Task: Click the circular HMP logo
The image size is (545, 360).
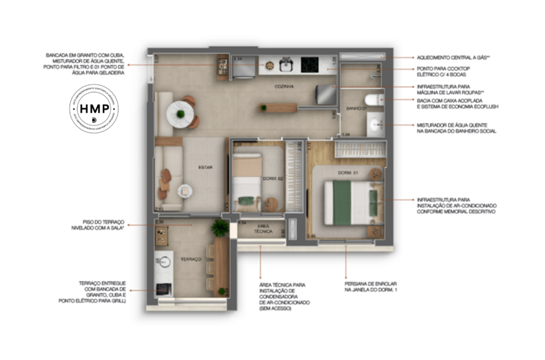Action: click(x=94, y=111)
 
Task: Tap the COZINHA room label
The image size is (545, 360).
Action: click(x=284, y=86)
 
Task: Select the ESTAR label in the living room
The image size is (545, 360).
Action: click(x=206, y=167)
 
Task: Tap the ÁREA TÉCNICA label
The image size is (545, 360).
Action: click(x=263, y=229)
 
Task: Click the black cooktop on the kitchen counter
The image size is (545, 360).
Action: click(x=310, y=64)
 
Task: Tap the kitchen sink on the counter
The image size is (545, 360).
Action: click(x=285, y=64)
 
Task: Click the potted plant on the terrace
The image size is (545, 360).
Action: click(x=220, y=227)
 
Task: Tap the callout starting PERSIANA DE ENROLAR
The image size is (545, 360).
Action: click(x=371, y=288)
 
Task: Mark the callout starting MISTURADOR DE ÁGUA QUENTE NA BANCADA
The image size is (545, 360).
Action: click(x=456, y=128)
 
